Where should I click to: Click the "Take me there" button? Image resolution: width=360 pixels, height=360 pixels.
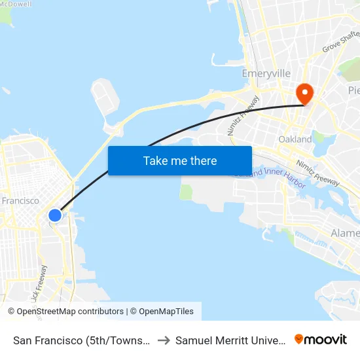pyautogui.click(x=180, y=160)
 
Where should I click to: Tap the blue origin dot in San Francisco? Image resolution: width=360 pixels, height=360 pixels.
pyautogui.click(x=55, y=215)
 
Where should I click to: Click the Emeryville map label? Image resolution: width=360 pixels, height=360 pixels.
pyautogui.click(x=266, y=74)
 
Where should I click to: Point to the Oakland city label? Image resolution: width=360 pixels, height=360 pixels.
pyautogui.click(x=295, y=139)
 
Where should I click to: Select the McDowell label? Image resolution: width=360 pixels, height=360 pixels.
pyautogui.click(x=16, y=4)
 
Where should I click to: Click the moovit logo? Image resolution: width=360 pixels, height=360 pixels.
pyautogui.click(x=321, y=339)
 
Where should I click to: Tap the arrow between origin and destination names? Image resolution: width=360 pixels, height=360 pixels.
pyautogui.click(x=164, y=340)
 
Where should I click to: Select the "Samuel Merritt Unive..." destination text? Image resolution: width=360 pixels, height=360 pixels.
pyautogui.click(x=230, y=340)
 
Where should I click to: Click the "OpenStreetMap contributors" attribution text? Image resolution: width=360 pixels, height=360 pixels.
pyautogui.click(x=70, y=312)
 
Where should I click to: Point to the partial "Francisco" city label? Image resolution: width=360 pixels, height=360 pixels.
pyautogui.click(x=20, y=201)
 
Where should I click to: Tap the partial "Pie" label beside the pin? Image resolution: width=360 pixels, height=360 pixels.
pyautogui.click(x=353, y=90)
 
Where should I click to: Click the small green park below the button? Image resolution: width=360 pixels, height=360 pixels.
pyautogui.click(x=187, y=192)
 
